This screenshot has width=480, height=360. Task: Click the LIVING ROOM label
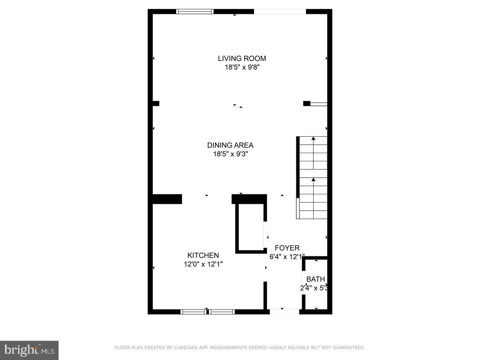coord(242,58)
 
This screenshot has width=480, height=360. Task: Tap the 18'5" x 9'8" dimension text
coord(242,67)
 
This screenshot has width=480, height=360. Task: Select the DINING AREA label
coord(230,145)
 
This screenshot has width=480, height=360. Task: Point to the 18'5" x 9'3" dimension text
coord(230,154)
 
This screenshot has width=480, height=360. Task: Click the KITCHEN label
coord(203,255)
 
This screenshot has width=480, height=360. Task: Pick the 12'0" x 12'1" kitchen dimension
coord(203,264)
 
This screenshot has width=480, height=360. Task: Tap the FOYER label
coord(287,248)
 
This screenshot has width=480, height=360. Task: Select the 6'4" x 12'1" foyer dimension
coord(287,257)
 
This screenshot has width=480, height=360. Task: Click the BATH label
coord(315,279)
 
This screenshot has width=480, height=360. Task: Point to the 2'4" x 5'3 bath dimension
coord(314,288)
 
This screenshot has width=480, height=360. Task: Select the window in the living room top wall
coord(195,12)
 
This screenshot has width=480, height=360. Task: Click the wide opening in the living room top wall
coord(280,12)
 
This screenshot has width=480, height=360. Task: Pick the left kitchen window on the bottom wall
coord(193,312)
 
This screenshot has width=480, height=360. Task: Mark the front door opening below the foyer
coord(284,312)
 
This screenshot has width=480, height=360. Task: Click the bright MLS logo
coord(29,350)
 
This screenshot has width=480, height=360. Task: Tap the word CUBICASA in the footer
coord(187,348)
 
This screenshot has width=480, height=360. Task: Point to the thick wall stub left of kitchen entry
coord(167,199)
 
